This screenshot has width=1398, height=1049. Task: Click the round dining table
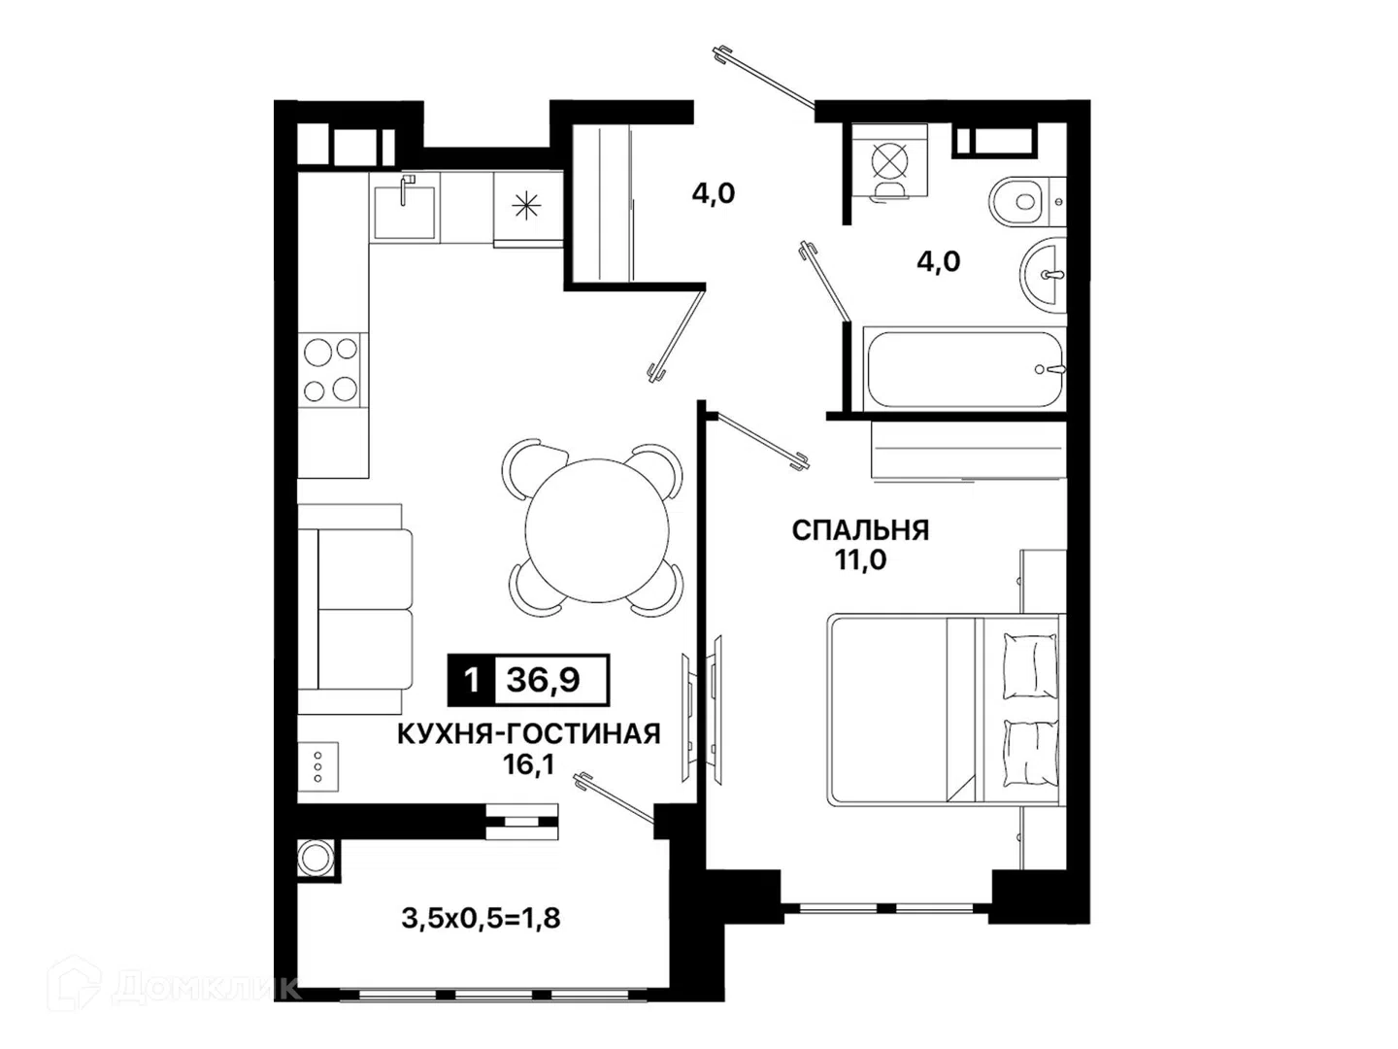[597, 530]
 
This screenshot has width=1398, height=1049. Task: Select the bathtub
[964, 369]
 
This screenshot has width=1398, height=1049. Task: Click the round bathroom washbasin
[1044, 275]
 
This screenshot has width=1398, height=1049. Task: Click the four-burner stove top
[330, 370]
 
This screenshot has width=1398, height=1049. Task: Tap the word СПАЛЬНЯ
[860, 530]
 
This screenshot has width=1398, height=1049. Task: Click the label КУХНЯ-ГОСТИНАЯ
[529, 734]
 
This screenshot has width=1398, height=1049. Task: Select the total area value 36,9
[544, 680]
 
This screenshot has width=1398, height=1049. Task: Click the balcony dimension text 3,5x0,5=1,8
[481, 919]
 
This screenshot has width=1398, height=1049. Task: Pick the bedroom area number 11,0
[860, 560]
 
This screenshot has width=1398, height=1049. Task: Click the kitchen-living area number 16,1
[529, 765]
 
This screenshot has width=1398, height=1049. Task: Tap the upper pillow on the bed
[1030, 666]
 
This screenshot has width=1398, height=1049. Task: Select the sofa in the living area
[354, 609]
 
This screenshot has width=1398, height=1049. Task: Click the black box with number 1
[471, 680]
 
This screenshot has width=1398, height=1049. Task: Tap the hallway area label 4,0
[714, 193]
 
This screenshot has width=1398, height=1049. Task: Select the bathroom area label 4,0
[938, 261]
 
